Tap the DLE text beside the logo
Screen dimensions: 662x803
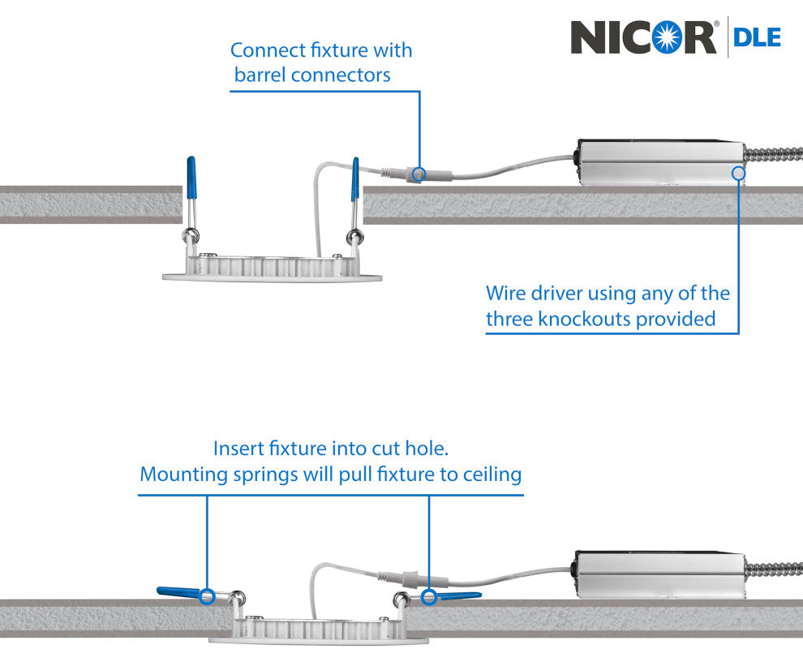click(x=758, y=37)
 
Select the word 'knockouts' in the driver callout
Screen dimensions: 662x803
click(x=583, y=319)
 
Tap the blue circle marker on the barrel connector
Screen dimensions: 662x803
click(x=419, y=173)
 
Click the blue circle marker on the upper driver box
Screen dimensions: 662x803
click(x=737, y=172)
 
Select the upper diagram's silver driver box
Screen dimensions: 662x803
click(x=659, y=163)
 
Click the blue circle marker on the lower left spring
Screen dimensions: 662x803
click(x=208, y=595)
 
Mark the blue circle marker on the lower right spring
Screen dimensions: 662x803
click(x=428, y=597)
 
